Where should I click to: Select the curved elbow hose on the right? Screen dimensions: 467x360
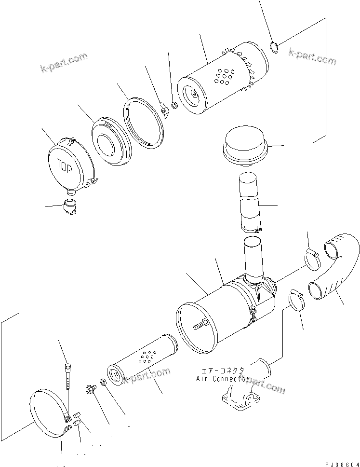click(x=336, y=269)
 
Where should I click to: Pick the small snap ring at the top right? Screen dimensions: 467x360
click(x=274, y=48)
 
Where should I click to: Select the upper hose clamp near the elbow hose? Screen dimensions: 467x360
click(x=312, y=253)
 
